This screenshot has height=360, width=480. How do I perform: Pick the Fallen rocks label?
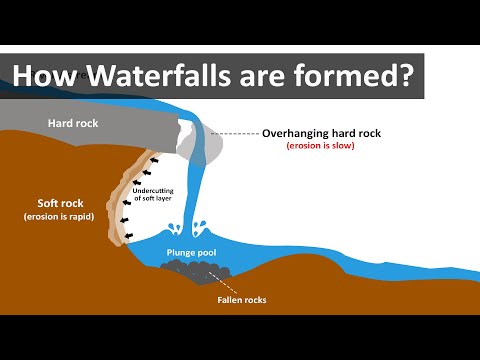point(240,298)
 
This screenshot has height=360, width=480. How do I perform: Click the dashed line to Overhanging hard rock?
point(236,133)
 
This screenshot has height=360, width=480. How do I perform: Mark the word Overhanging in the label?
point(296,133)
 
